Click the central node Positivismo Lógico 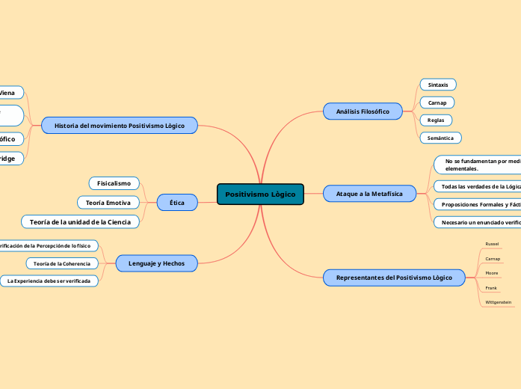click(x=260, y=194)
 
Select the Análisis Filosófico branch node click(x=363, y=111)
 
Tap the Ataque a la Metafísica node click(x=369, y=194)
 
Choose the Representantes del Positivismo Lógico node click(x=394, y=278)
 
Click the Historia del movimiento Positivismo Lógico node click(x=120, y=125)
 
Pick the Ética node click(x=177, y=202)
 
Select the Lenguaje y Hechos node click(x=157, y=263)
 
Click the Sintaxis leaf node click(x=437, y=85)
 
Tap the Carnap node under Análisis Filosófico click(x=437, y=102)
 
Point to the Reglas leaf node click(x=435, y=120)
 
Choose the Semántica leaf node click(x=440, y=138)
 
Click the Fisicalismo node click(x=114, y=183)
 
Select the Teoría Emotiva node click(x=108, y=203)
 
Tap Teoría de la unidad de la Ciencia click(x=80, y=221)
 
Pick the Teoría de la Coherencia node click(x=62, y=263)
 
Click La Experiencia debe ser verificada click(x=49, y=281)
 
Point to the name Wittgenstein click(x=499, y=302)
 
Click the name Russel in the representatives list click(x=492, y=244)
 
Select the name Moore click(x=492, y=273)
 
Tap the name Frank click(x=491, y=287)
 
